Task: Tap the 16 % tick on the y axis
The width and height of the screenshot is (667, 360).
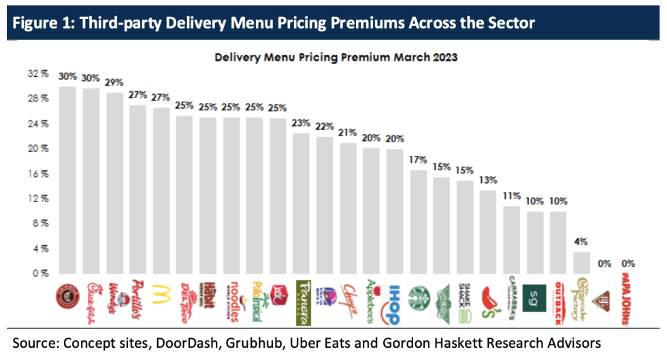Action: click(x=39, y=174)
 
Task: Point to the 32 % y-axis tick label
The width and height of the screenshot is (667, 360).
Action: click(x=39, y=73)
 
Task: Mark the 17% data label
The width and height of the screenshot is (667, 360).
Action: click(x=418, y=160)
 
